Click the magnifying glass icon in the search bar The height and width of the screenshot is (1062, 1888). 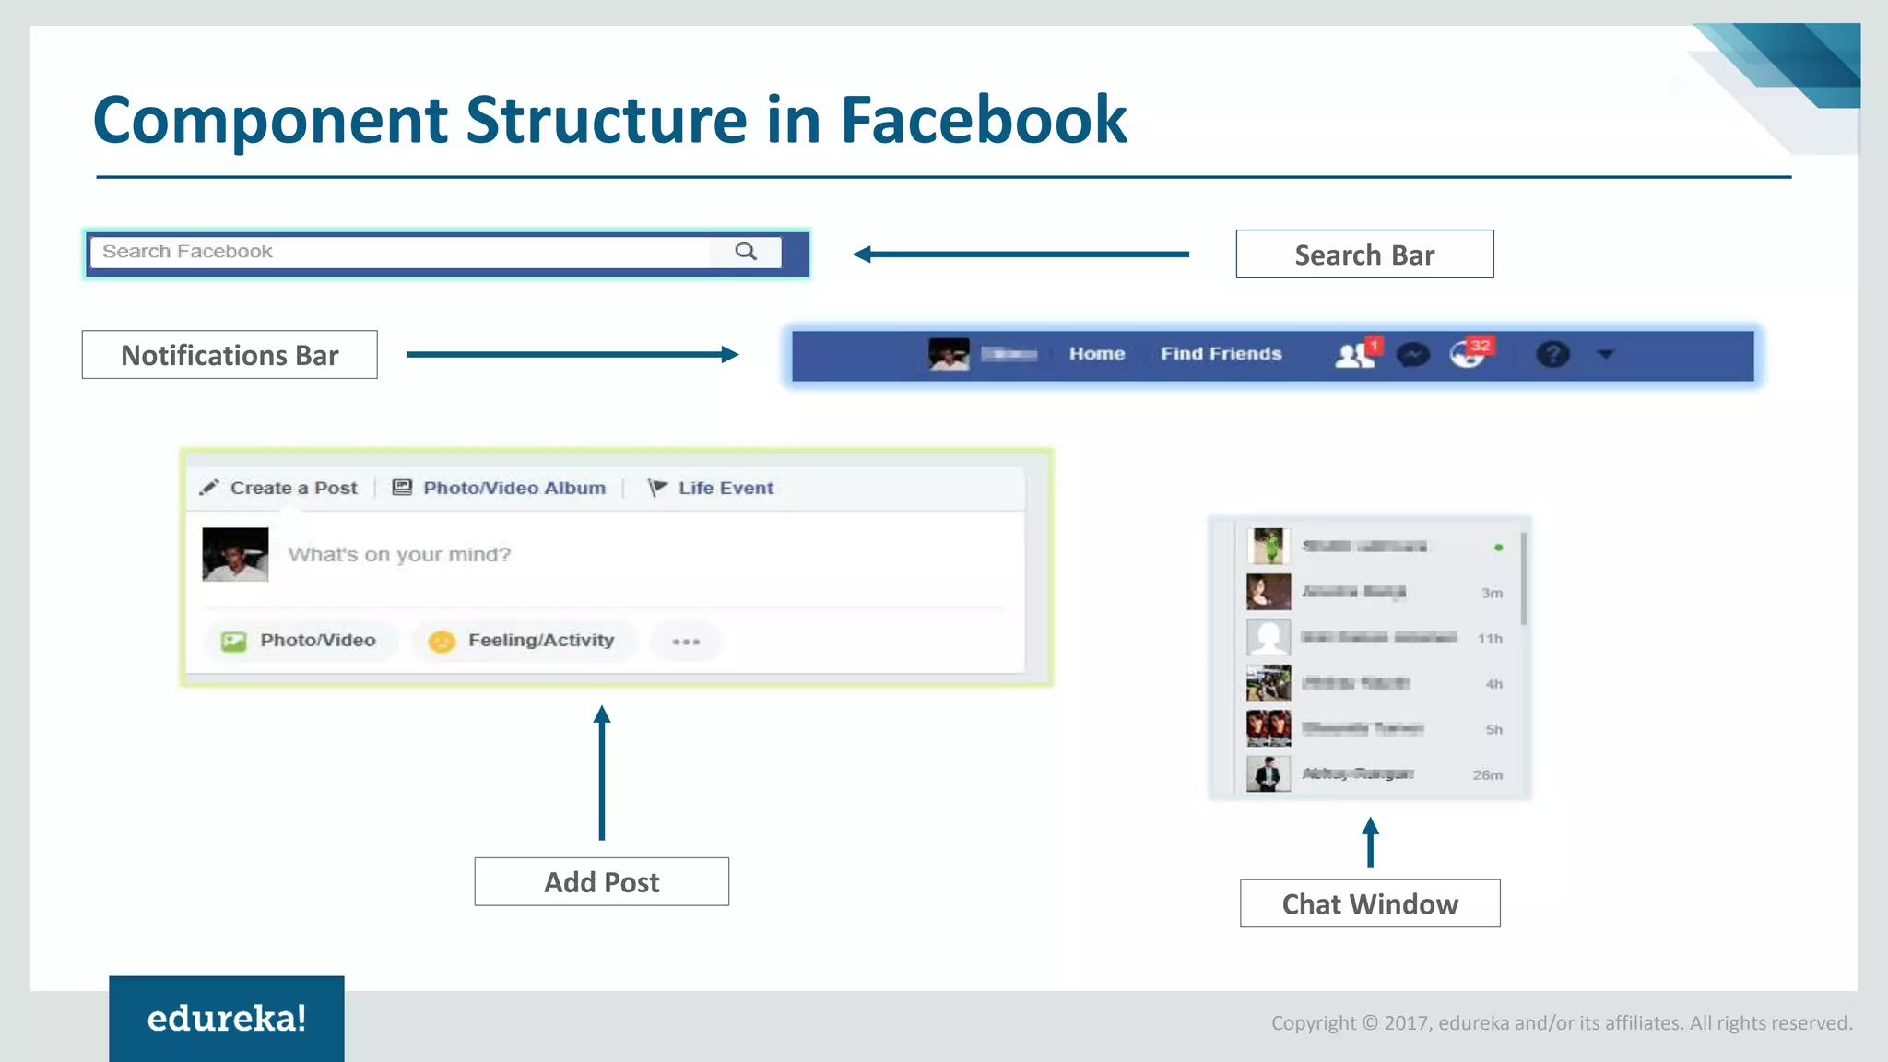tap(746, 252)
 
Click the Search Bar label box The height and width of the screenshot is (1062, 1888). tap(1364, 254)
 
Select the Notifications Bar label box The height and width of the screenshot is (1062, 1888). tap(230, 355)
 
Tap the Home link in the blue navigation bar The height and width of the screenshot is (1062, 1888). tap(1097, 354)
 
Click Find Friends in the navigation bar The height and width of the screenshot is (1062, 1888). tap(1221, 354)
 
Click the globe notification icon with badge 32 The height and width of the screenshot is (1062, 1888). tap(1469, 354)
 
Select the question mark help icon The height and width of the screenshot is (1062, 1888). tap(1552, 355)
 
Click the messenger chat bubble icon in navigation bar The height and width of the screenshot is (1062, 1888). tap(1412, 355)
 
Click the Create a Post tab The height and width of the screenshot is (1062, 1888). tap(280, 488)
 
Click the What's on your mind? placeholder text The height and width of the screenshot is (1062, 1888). tap(399, 555)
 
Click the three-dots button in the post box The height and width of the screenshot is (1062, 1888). tap(686, 642)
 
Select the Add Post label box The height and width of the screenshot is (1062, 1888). tap(602, 882)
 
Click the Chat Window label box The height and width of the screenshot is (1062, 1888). tap(1370, 904)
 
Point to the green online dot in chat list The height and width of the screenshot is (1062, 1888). tap(1499, 548)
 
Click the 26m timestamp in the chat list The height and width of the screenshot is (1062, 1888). tap(1487, 775)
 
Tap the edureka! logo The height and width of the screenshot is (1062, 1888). tap(227, 1019)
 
